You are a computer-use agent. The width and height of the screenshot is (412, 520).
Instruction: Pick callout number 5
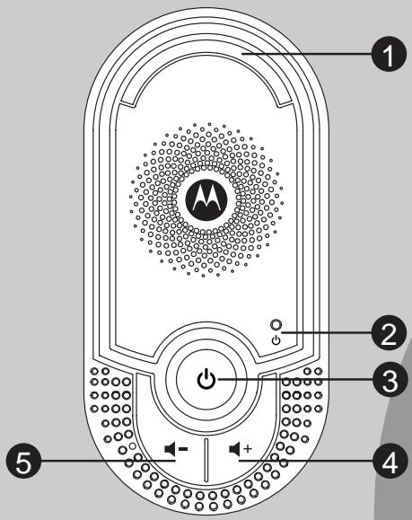(x=22, y=466)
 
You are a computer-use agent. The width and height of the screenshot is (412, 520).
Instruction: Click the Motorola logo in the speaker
(x=205, y=211)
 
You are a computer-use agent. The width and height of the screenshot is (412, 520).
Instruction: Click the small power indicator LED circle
(x=276, y=325)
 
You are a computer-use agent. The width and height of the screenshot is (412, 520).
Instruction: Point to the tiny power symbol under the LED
(x=276, y=341)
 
